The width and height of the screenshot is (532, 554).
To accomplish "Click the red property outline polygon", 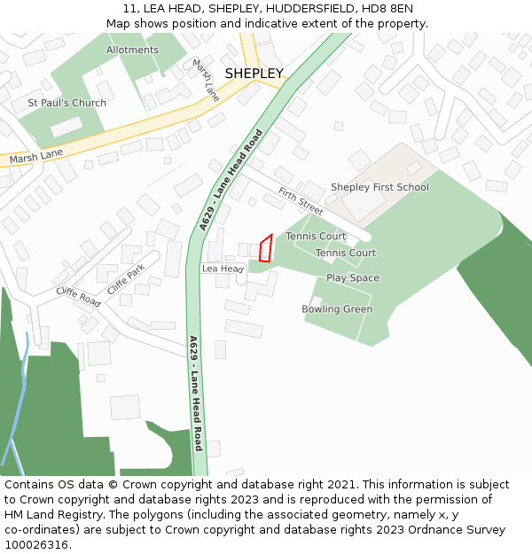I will click(x=265, y=249).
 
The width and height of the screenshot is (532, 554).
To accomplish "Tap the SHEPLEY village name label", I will click(x=254, y=73).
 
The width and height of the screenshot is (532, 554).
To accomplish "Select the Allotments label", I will click(x=132, y=50).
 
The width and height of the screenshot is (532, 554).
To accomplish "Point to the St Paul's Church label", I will click(x=66, y=103).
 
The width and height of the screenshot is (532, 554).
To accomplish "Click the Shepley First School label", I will click(x=379, y=187).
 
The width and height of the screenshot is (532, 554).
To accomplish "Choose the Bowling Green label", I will click(x=337, y=309).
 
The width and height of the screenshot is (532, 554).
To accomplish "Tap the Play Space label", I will click(x=352, y=277).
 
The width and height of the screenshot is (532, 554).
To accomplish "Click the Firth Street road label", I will click(x=301, y=200).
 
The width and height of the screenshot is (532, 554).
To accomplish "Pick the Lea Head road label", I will click(x=223, y=268).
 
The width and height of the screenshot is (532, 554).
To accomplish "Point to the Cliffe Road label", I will click(x=78, y=296).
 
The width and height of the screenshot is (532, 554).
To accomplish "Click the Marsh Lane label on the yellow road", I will click(x=36, y=158).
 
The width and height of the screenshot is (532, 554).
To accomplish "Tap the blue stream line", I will click(x=15, y=417).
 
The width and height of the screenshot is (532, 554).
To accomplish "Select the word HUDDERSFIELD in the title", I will click(x=301, y=9).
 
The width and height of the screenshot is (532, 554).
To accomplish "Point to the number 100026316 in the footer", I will click(x=36, y=545).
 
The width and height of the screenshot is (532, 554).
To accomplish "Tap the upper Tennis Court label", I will click(x=316, y=237).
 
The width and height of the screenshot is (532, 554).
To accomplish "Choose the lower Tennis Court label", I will click(x=346, y=253).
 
